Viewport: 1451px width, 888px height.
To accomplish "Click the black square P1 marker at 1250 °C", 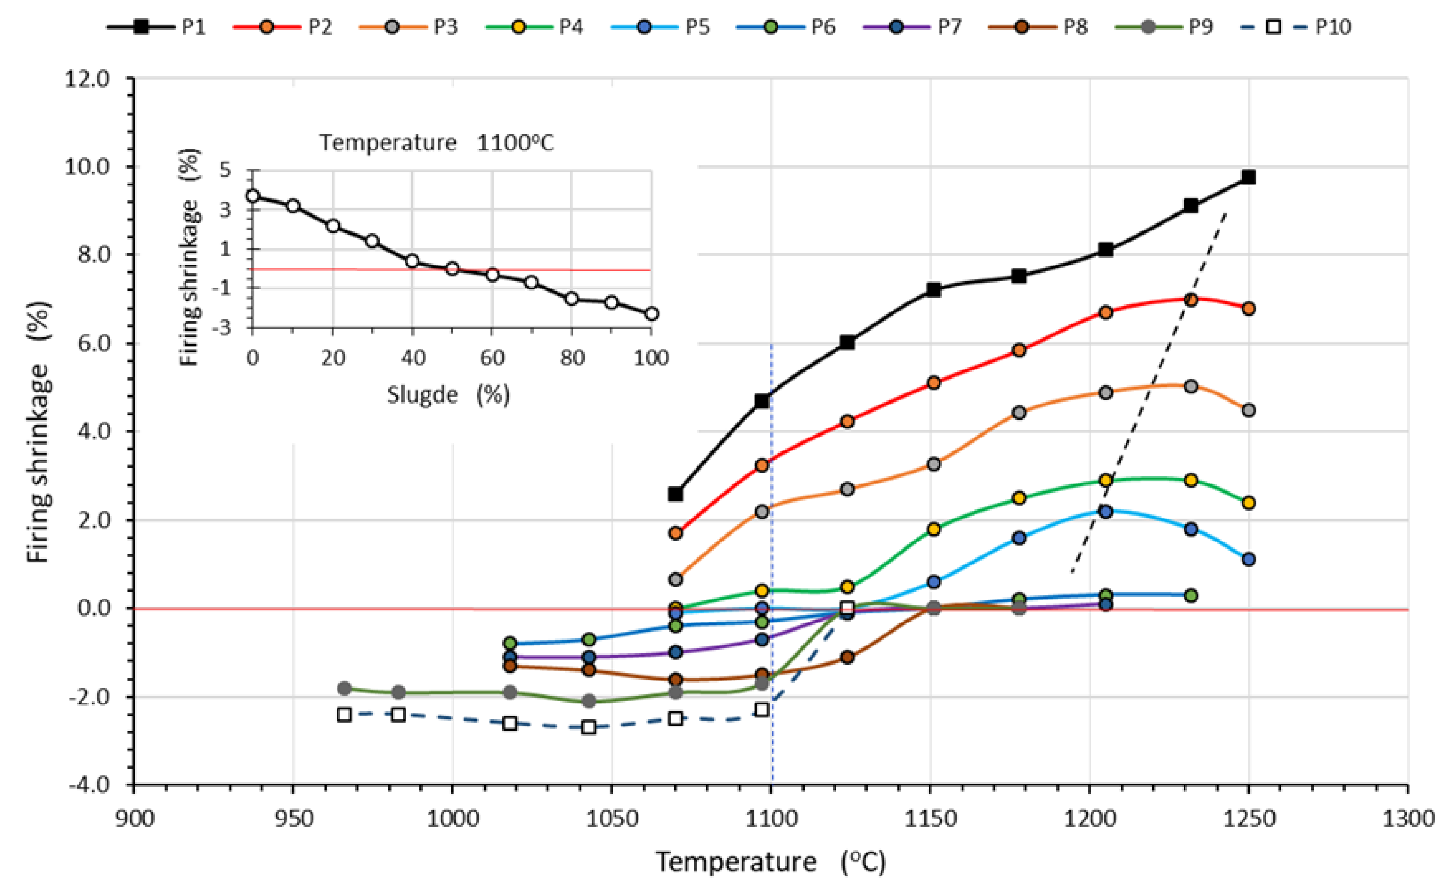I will (1248, 177).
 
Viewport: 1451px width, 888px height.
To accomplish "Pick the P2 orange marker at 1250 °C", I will (1248, 309).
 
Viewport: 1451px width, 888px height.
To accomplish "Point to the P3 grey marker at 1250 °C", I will (1248, 410).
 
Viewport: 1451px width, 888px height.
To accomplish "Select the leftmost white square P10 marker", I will (345, 715).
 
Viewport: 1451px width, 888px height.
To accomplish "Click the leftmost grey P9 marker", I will (345, 688).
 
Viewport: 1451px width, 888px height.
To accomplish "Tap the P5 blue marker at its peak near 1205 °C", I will (1105, 511).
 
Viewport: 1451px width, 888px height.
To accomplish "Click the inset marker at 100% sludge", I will (651, 314).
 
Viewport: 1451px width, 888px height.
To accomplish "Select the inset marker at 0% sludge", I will (253, 196).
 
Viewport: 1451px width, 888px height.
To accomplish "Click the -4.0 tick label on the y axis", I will (88, 784).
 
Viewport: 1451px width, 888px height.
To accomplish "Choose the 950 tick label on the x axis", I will (293, 819).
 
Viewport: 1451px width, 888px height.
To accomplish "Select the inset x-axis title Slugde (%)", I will (448, 394).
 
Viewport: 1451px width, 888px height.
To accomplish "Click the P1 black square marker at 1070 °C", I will (675, 494).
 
